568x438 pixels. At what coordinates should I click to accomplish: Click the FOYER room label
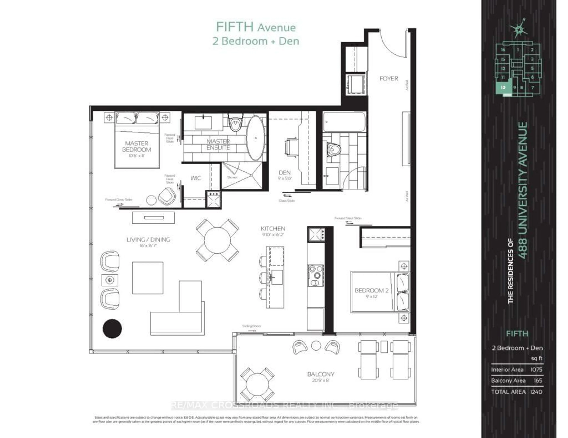389,78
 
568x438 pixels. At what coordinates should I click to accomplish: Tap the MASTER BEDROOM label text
137,146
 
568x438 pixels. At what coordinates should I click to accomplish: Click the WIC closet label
196,178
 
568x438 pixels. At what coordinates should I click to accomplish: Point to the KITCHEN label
273,228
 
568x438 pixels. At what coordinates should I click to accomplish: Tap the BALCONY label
320,374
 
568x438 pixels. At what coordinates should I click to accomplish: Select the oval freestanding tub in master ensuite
256,138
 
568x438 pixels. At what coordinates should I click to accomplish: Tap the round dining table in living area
217,240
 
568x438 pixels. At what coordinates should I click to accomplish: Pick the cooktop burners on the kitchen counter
316,275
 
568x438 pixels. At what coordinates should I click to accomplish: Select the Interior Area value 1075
536,369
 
